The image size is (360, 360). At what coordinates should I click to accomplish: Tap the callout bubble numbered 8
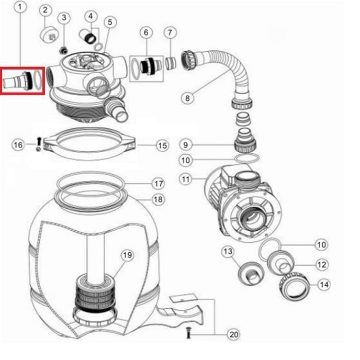point(187,98)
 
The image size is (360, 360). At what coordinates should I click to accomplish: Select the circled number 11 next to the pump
point(186,179)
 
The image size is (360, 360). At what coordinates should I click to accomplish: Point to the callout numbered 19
point(127,255)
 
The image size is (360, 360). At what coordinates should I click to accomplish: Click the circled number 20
point(233,334)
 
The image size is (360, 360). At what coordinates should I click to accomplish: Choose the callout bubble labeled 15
point(163,145)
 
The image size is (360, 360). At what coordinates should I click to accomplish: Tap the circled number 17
point(158,184)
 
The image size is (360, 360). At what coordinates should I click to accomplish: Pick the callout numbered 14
point(324,285)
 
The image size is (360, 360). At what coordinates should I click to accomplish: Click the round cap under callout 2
point(49,34)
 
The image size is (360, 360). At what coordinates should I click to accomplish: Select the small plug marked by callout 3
point(63,50)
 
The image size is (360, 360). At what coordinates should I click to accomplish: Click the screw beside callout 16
point(39,144)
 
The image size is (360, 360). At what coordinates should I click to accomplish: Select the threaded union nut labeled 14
point(294,286)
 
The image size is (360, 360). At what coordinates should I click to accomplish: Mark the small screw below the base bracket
point(188,332)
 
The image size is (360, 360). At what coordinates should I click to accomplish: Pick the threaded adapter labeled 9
point(245,141)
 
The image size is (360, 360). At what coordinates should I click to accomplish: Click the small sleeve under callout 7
point(171,63)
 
